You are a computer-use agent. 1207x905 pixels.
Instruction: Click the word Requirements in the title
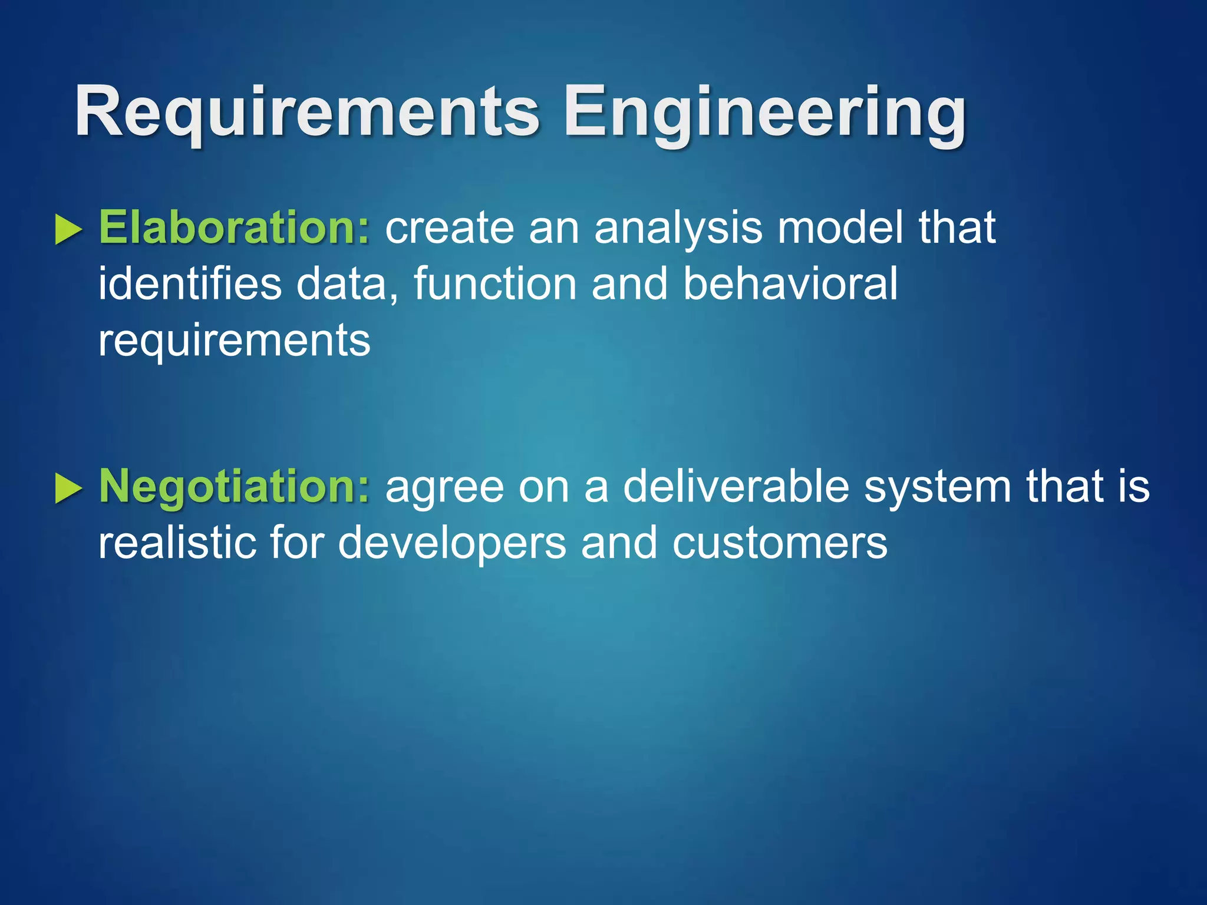click(306, 112)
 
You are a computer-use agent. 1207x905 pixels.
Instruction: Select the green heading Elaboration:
click(234, 227)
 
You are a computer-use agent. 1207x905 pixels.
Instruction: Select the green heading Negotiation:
click(234, 487)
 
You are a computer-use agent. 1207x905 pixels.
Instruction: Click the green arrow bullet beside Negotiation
click(68, 488)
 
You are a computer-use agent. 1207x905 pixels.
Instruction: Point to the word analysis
click(678, 229)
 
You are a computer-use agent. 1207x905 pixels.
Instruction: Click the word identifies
click(190, 284)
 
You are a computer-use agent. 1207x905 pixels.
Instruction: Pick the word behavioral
click(790, 284)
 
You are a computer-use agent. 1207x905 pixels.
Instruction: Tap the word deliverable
click(736, 487)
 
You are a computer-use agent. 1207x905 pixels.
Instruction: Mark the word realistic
click(177, 543)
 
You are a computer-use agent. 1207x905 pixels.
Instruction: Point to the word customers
click(779, 543)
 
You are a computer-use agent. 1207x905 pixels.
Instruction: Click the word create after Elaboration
click(450, 229)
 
